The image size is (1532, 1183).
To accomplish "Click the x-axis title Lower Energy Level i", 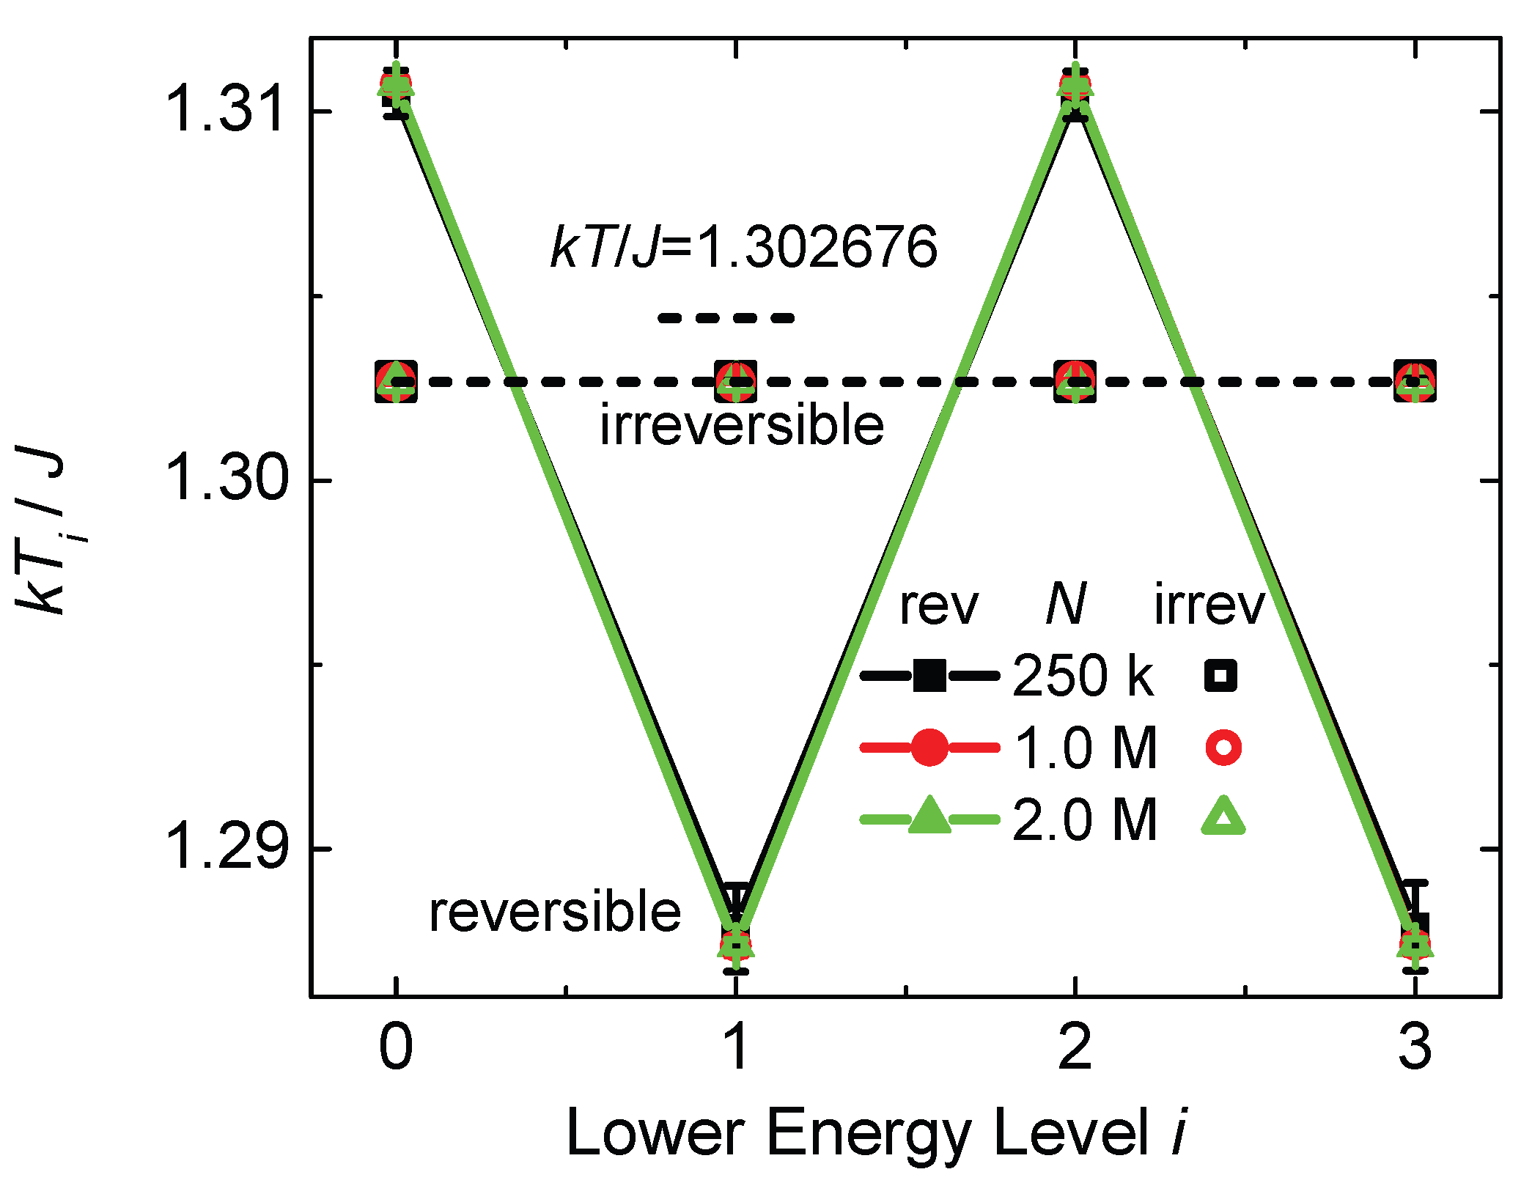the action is click(x=877, y=1133).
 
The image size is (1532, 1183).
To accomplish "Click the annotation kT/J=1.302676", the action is click(x=744, y=246).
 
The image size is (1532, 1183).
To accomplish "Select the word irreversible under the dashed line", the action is click(x=742, y=424).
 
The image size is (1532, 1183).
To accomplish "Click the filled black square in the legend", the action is click(x=929, y=675).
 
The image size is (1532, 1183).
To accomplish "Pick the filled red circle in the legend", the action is click(x=929, y=748).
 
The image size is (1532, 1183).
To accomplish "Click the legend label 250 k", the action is click(x=1083, y=675).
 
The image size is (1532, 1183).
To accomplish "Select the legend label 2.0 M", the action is click(x=1085, y=819).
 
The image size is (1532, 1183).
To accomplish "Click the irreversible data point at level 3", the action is click(x=1415, y=381).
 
